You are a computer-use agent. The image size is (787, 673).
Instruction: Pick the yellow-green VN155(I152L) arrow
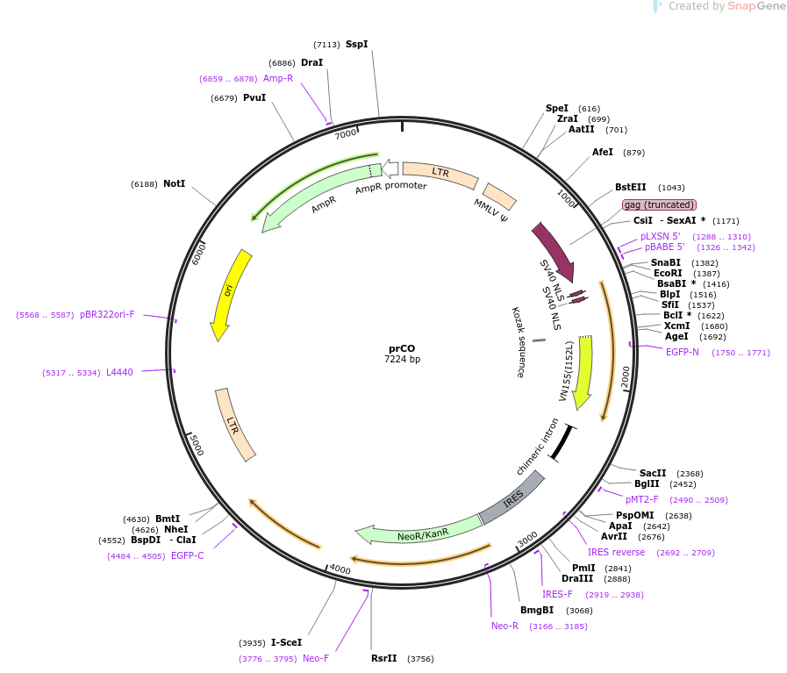[x=584, y=371]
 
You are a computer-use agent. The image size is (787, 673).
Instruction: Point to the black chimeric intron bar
[x=562, y=442]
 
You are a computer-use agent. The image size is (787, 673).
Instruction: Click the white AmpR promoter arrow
[x=390, y=168]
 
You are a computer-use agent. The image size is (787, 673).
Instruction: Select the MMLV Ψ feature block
[x=499, y=197]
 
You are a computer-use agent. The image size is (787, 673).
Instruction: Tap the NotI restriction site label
[x=175, y=183]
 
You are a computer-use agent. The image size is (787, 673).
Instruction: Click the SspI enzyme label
[x=357, y=44]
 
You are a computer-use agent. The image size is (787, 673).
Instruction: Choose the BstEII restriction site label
[x=631, y=187]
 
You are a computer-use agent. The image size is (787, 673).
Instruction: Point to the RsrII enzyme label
[x=384, y=658]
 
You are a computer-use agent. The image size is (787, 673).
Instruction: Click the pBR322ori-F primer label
[x=107, y=315]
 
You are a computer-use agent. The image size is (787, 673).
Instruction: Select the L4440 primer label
[x=119, y=372]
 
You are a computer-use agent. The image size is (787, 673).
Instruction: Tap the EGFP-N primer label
[x=682, y=353]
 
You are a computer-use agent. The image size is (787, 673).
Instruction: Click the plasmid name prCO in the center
[x=402, y=349]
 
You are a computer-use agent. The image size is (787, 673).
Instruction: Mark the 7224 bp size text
[x=402, y=360]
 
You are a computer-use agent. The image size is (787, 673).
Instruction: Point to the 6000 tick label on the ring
[x=199, y=254]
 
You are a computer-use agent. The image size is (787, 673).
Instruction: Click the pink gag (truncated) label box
[x=659, y=204]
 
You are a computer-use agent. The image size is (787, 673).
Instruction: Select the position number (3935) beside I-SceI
[x=252, y=643]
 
